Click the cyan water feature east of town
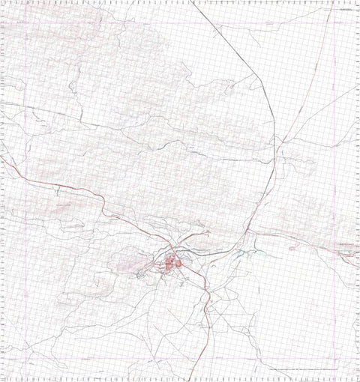(241, 255)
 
